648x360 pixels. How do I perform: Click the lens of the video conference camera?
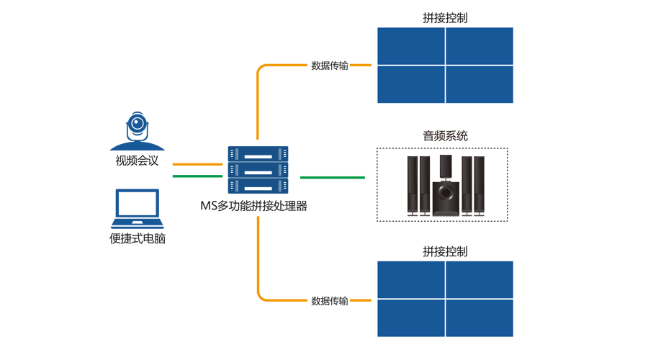coord(137,123)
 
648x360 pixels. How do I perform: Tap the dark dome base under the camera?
coord(138,146)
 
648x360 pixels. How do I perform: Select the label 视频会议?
coord(137,161)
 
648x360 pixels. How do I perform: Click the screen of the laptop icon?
coord(138,203)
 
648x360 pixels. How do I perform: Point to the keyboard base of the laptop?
coord(138,224)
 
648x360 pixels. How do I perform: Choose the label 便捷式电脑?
coord(138,238)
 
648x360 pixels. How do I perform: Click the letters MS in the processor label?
coord(208,206)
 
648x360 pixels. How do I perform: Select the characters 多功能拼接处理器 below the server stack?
coord(262,206)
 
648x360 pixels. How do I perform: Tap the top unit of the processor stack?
coord(258,154)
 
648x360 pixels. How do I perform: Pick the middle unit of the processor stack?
coord(258,170)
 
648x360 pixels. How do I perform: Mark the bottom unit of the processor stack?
coord(258,186)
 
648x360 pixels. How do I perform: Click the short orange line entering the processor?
coord(197,164)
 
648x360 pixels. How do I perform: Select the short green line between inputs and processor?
coord(197,176)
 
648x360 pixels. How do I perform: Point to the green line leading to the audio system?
coord(332,177)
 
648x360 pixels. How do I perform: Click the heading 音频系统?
coord(445,136)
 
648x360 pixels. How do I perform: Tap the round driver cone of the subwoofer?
coord(446,192)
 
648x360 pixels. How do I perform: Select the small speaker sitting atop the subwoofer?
coord(446,166)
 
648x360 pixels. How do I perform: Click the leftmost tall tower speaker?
coord(413,186)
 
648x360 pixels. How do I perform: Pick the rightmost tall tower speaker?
coord(479,186)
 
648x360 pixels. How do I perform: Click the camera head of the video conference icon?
coord(138,126)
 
